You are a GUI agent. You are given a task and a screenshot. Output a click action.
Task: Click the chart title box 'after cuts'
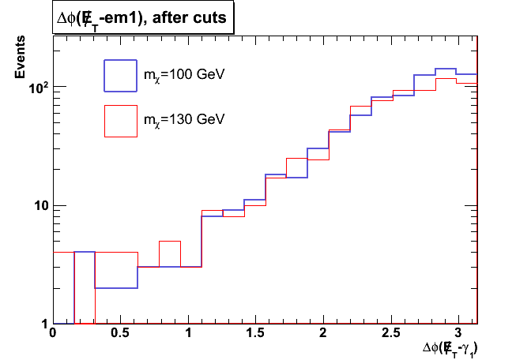[x=144, y=19]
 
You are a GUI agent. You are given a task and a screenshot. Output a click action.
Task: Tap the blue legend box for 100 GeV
[x=120, y=76]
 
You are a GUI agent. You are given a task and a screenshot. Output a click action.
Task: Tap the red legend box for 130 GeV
[x=120, y=120]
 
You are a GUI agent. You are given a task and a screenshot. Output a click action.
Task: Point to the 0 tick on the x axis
[x=52, y=334]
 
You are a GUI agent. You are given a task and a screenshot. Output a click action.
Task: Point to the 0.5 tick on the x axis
[x=119, y=334]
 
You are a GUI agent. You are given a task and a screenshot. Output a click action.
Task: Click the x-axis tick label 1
[x=187, y=334]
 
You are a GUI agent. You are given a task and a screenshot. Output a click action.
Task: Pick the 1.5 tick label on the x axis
[x=255, y=334]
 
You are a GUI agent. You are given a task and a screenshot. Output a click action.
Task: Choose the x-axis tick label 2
[x=323, y=334]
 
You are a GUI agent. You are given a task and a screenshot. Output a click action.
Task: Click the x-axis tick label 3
[x=458, y=334]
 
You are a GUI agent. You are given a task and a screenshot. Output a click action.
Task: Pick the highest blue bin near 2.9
[x=446, y=69]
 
